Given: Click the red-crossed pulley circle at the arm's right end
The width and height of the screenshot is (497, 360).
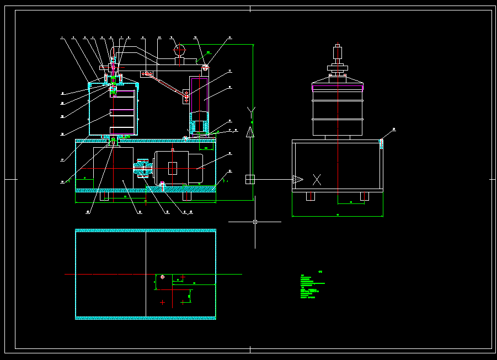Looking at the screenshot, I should click(x=205, y=67).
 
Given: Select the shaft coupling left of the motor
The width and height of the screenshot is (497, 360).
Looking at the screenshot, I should click(x=143, y=168).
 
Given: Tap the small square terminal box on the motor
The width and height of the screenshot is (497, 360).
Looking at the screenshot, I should click(x=173, y=168).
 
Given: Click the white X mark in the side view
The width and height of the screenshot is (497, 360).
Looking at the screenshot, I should click(x=317, y=179).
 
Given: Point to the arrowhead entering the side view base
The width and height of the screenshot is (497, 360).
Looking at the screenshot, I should click(x=297, y=179).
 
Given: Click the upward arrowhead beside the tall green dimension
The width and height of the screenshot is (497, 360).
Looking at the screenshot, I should click(x=250, y=132).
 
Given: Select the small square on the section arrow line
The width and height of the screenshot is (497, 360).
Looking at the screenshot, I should click(x=250, y=179).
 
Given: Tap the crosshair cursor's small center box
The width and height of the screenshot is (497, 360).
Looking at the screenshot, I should click(x=255, y=222).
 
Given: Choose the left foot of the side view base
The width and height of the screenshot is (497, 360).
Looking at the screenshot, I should click(x=310, y=196).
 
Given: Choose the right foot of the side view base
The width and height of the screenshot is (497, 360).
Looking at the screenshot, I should click(x=364, y=196).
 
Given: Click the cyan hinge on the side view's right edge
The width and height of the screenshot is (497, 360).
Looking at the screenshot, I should click(x=381, y=143).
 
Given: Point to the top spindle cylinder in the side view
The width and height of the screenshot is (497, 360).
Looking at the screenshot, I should click(x=337, y=53).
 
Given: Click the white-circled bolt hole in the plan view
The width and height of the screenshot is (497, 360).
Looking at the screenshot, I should click(x=162, y=276).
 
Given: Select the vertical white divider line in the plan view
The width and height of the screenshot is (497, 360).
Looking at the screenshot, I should click(x=146, y=274).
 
